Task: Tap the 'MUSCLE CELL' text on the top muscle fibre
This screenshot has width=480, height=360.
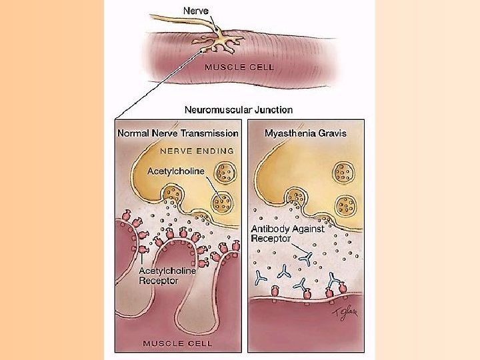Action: point(234,66)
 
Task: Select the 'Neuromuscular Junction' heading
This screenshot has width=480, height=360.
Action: point(238,109)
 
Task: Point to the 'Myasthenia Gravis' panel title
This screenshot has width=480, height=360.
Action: point(305,133)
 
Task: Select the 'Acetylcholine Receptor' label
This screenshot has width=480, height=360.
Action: point(167,276)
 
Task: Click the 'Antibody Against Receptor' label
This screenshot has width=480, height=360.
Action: point(287,233)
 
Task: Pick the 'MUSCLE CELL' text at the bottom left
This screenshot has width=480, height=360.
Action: point(177,343)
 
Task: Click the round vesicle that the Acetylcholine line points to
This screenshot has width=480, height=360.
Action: point(221,201)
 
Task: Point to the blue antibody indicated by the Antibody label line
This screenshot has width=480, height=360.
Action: point(305,256)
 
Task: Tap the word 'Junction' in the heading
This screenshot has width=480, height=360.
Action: point(273,109)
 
